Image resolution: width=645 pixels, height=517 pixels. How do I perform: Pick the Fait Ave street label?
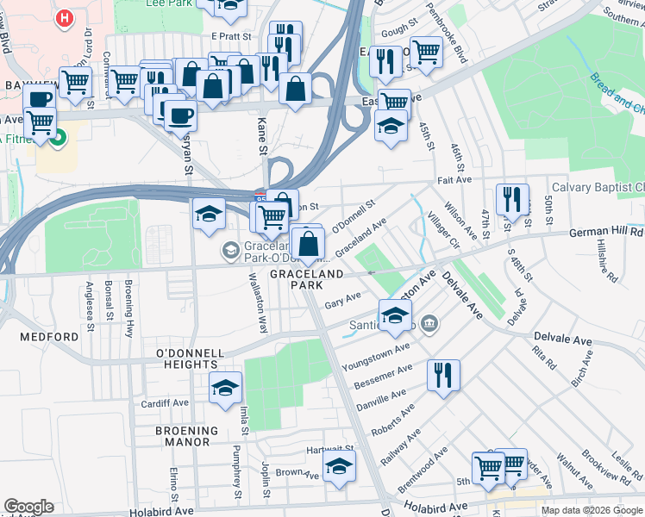pos(454,180)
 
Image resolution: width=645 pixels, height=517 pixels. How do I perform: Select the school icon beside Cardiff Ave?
pos(225,388)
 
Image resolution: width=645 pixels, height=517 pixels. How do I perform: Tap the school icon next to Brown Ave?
pos(340,468)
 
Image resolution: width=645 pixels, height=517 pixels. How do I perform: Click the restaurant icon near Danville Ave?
pos(443,375)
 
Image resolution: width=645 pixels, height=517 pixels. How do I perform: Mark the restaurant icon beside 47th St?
pos(513,200)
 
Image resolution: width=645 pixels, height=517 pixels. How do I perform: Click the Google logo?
pos(28,507)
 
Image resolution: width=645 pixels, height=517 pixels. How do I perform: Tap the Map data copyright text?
pos(592,509)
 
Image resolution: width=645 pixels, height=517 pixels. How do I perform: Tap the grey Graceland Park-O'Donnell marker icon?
pos(230,251)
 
